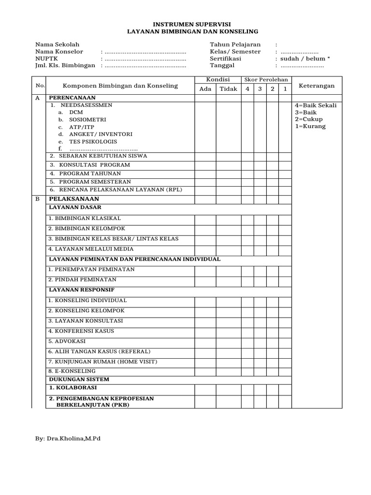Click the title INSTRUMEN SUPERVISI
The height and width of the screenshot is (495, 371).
click(x=185, y=23)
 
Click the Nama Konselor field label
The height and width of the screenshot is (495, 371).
click(x=59, y=51)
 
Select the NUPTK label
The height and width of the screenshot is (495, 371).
click(x=46, y=58)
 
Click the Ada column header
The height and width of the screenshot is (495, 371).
click(x=205, y=89)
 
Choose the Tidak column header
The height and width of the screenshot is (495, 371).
click(x=228, y=89)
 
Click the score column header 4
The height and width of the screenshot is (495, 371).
click(x=247, y=89)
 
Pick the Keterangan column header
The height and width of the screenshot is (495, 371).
click(x=317, y=86)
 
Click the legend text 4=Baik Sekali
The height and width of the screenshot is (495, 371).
click(x=315, y=105)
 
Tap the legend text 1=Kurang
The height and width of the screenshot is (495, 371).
click(x=310, y=126)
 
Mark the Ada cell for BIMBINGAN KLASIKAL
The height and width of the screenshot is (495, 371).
click(x=205, y=218)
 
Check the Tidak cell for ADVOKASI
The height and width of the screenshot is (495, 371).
click(x=228, y=341)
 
